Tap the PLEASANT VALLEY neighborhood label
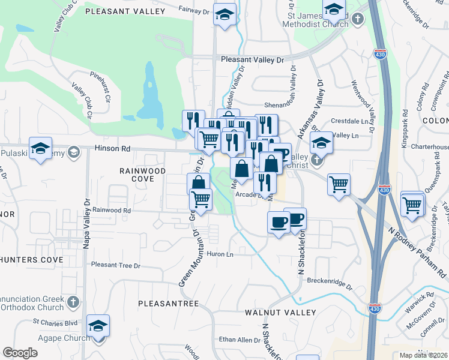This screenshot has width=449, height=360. click(x=125, y=11)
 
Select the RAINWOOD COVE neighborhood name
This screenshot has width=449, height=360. click(x=142, y=176)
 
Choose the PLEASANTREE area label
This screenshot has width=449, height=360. click(x=168, y=304)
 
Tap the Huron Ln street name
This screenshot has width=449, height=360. click(x=220, y=254)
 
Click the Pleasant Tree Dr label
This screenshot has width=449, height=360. click(x=115, y=265)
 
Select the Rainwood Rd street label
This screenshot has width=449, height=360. click(x=111, y=211)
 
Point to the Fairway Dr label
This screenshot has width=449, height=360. click(x=194, y=9)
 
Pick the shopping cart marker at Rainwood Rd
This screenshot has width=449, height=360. click(x=201, y=199)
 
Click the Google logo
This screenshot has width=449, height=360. click(x=20, y=353)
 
